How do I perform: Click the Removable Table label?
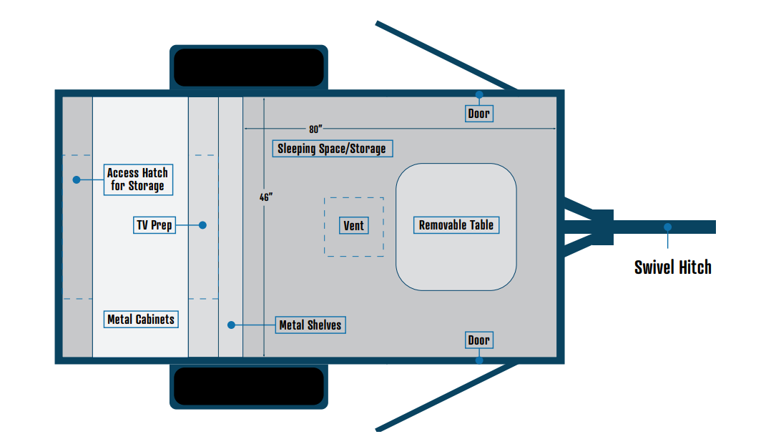click(x=456, y=225)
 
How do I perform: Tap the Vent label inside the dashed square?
click(x=354, y=226)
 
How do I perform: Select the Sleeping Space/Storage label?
click(x=332, y=149)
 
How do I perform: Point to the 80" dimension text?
click(x=315, y=129)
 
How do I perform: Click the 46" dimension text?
click(x=266, y=197)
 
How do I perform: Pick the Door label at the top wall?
click(x=478, y=114)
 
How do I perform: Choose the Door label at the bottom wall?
click(x=478, y=340)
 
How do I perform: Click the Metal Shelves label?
click(x=310, y=325)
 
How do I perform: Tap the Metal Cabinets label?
click(x=140, y=320)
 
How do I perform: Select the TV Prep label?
click(x=154, y=225)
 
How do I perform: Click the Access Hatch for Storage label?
click(x=137, y=179)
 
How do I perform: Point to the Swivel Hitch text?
click(x=673, y=267)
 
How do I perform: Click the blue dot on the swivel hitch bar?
click(x=667, y=227)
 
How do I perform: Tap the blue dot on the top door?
click(x=479, y=94)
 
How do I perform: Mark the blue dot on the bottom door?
click(x=479, y=360)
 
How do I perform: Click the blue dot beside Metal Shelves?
click(x=231, y=325)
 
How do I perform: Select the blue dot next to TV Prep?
click(x=202, y=225)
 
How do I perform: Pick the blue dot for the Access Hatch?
click(x=77, y=179)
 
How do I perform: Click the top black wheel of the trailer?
click(x=249, y=68)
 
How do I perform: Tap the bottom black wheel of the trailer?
click(x=249, y=386)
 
